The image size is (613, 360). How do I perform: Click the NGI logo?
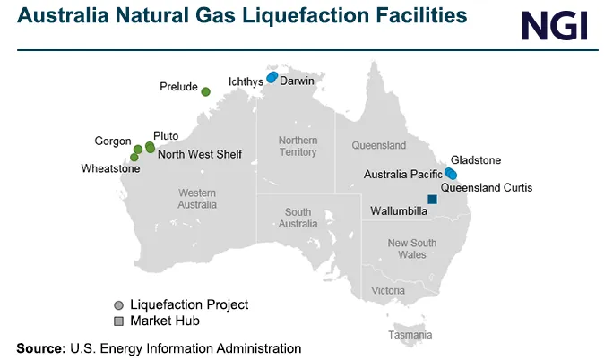556,25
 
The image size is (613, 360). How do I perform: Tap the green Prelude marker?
205,91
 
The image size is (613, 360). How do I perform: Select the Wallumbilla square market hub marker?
433,200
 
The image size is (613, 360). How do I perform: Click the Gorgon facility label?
113,141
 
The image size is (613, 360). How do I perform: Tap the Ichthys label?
244,81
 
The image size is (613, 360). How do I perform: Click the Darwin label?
297,81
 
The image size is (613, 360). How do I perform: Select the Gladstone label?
476,160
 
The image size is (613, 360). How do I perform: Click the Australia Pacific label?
402,174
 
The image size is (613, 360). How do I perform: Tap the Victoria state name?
388,291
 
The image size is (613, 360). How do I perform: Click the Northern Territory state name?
298,146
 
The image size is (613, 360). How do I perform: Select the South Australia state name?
298,218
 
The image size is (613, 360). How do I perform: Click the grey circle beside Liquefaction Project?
118,305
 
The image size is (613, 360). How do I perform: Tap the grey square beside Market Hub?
118,321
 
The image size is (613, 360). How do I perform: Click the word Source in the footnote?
40,347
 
